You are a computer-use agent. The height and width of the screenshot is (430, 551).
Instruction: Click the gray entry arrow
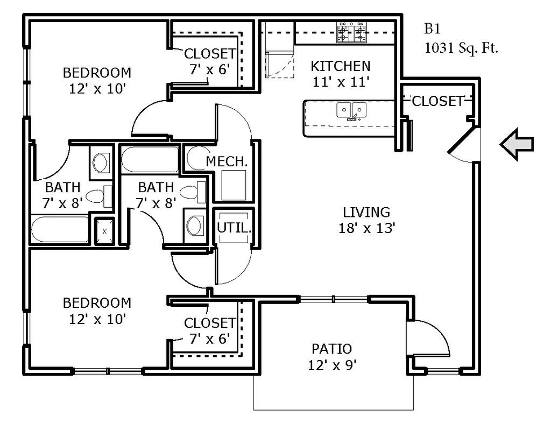tap(517, 145)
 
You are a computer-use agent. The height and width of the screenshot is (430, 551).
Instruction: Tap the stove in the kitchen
tap(351, 32)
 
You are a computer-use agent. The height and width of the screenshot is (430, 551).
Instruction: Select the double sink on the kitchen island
tap(351, 110)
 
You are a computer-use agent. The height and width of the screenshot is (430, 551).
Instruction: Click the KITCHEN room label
tap(341, 66)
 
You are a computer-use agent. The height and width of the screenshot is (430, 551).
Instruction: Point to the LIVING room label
tap(366, 213)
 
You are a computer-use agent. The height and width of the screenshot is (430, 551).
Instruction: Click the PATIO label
tap(331, 349)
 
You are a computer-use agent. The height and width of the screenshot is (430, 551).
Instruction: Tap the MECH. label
tap(227, 161)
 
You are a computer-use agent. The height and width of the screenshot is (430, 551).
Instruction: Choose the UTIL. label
tap(234, 228)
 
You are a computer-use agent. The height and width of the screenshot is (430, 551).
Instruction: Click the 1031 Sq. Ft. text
tap(461, 48)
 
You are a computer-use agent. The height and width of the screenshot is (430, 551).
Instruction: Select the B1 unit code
tap(432, 29)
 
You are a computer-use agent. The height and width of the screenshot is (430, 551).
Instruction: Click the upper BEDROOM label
tap(97, 73)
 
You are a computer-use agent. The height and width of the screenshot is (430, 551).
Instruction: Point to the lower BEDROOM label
tap(97, 303)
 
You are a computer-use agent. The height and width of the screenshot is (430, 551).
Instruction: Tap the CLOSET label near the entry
tap(438, 101)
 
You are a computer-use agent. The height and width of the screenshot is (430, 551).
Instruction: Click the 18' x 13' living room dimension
tap(367, 229)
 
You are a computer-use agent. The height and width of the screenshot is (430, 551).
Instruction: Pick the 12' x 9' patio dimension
tap(333, 365)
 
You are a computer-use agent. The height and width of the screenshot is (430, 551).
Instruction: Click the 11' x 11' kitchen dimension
tap(341, 82)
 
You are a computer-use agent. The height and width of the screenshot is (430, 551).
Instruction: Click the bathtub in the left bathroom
tap(60, 230)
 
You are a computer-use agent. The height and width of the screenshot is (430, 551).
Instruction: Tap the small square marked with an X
tap(105, 231)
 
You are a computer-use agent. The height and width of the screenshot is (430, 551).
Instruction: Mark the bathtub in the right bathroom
tap(150, 159)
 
